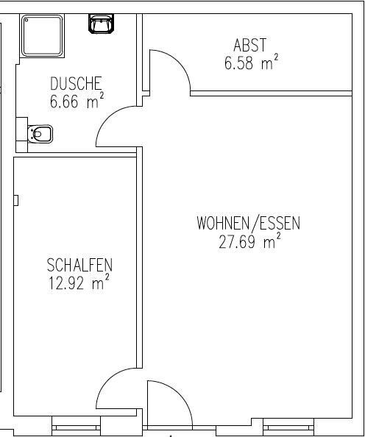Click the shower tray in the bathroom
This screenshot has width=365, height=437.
coord(42,35)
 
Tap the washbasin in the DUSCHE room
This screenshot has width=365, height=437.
coord(102,24)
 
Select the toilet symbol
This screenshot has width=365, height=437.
coord(40,134)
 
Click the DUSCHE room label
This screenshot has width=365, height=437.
coord(76,83)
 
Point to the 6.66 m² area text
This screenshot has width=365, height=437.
coord(77,100)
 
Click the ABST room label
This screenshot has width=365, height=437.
coord(250,45)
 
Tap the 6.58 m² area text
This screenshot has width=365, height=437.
coord(252,62)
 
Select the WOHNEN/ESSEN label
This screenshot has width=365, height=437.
coord(249,224)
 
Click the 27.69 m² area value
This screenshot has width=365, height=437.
coord(249,241)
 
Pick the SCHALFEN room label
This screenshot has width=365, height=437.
coord(79,265)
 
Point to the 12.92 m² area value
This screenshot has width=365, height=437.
coord(79,282)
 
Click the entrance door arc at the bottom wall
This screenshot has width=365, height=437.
coord(180,394)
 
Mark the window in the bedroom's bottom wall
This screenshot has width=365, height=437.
coord(76,426)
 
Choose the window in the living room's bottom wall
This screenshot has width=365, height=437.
coord(288,427)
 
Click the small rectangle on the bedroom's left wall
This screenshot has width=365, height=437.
coord(16,200)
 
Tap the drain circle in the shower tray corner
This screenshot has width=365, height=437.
coord(26,20)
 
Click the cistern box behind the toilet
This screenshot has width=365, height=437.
coord(22,135)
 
